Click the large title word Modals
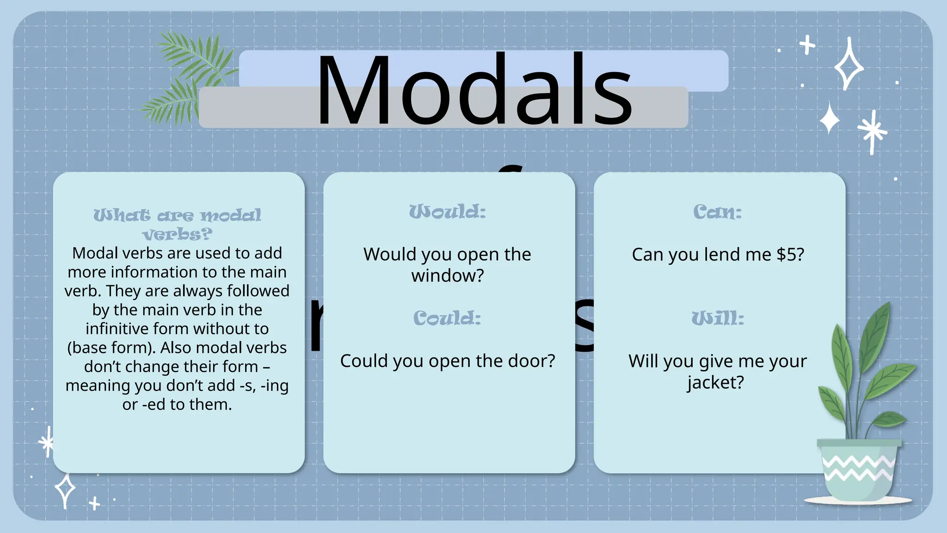[x=474, y=90]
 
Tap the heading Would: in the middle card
[x=448, y=212]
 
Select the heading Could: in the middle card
[x=447, y=318]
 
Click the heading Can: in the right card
[x=717, y=212]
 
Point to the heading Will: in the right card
[x=718, y=318]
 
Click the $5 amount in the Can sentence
[x=790, y=254]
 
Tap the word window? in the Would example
[x=448, y=276]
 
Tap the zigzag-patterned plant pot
[x=859, y=470]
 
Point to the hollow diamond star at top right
[x=849, y=65]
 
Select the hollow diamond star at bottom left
[x=65, y=489]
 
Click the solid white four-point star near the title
[x=830, y=119]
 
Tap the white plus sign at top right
[x=807, y=45]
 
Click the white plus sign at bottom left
[x=94, y=503]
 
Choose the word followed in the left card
[x=258, y=291]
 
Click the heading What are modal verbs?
[x=177, y=224]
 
